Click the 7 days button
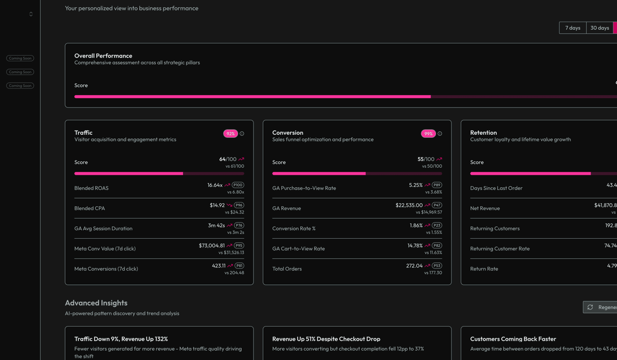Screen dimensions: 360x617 [x=572, y=28]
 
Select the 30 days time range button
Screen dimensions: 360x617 [x=600, y=28]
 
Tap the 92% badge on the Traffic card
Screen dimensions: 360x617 [x=230, y=134]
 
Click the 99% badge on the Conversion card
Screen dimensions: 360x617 [x=428, y=134]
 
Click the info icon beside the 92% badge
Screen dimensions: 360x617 [x=242, y=134]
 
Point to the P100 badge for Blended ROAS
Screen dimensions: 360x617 [x=238, y=185]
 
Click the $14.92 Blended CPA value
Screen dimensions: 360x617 [x=217, y=205]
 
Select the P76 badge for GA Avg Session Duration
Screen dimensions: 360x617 [x=239, y=225]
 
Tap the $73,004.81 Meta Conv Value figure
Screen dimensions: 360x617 [x=211, y=245]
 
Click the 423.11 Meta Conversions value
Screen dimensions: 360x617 [x=219, y=265]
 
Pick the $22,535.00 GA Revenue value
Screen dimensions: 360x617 [x=409, y=205]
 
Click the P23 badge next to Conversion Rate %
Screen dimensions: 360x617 [x=437, y=225]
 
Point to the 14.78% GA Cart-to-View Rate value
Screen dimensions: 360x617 [x=415, y=245]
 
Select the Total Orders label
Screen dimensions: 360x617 [x=287, y=269]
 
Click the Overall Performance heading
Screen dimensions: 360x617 [x=103, y=56]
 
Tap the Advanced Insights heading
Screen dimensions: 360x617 [x=96, y=303]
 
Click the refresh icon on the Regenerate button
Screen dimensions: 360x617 [x=590, y=307]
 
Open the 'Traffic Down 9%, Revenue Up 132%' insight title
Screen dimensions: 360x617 [x=121, y=339]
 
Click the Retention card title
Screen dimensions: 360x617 [x=483, y=133]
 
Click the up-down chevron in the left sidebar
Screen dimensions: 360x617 [x=31, y=14]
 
